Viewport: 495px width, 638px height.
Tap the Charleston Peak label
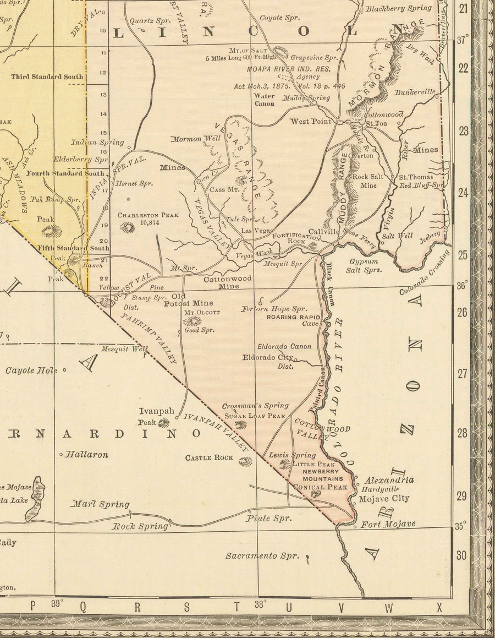click(147, 215)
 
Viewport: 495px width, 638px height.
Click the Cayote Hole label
click(31, 370)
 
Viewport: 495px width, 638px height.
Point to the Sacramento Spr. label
click(262, 555)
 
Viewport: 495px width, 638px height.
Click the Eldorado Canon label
click(284, 347)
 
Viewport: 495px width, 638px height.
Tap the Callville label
click(324, 232)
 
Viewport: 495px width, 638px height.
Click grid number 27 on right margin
click(463, 374)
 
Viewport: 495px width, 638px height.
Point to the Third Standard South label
click(47, 77)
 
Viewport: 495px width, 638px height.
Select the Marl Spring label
click(101, 504)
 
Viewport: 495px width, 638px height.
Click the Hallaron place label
click(86, 455)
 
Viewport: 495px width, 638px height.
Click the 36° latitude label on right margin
click(463, 286)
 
